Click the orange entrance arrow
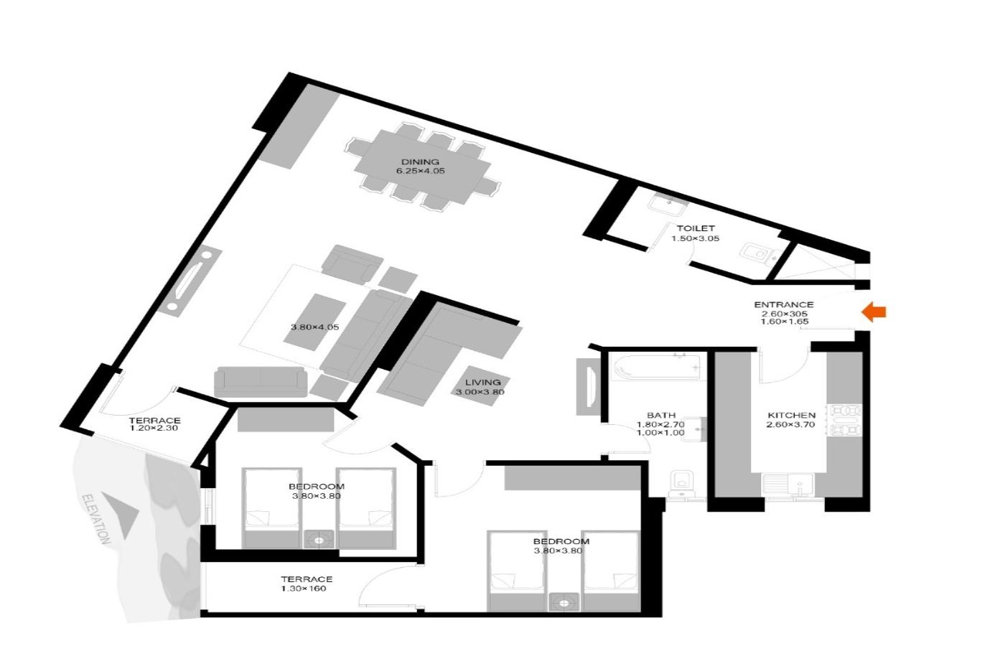point(874,312)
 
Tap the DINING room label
point(420,162)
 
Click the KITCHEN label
point(791,416)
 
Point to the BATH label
point(661,416)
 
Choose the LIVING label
point(482,383)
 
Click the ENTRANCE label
point(784,304)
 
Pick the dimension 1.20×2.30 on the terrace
point(154,429)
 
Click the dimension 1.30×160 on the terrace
point(303,589)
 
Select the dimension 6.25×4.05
point(420,171)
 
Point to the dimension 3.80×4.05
point(314,327)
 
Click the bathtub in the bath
point(658,367)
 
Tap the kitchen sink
point(789,485)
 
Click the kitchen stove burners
point(846,421)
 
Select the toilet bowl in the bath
point(681,484)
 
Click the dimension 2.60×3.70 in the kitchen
point(790,424)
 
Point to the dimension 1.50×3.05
point(695,238)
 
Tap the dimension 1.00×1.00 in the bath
point(660,433)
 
